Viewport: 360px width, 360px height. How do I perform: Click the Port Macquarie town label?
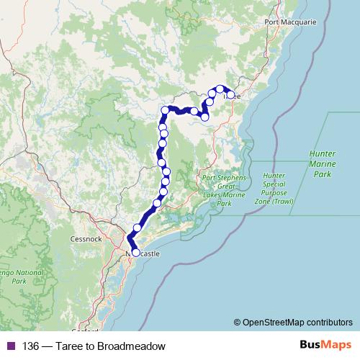(290, 22)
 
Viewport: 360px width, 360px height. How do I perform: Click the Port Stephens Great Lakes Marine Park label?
(225, 191)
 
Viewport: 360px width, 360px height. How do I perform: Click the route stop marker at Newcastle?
(135, 253)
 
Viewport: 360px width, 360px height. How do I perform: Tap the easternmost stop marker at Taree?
(230, 95)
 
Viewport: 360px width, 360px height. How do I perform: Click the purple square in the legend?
(9, 346)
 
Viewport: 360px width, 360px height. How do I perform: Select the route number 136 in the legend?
(32, 346)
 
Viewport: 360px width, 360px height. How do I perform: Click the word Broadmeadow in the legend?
(131, 346)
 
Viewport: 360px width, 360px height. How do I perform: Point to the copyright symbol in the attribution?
(238, 323)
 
